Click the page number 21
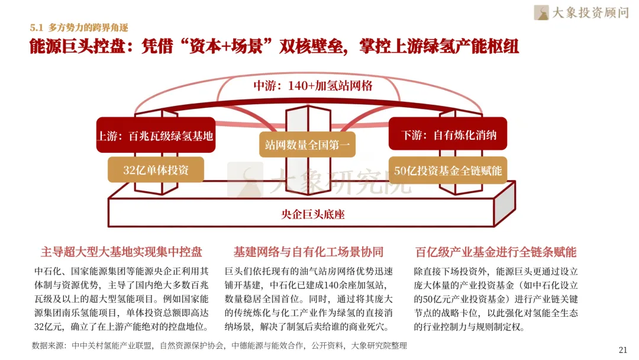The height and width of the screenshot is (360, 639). click(x=622, y=350)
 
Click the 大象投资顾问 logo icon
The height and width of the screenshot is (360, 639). click(x=541, y=12)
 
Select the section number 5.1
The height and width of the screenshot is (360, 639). click(x=36, y=28)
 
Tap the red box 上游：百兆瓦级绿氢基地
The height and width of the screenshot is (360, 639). click(x=156, y=136)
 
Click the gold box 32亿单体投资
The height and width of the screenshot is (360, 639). click(x=156, y=169)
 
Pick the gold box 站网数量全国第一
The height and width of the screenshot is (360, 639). click(x=307, y=144)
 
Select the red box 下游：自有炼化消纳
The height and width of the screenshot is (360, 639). click(x=448, y=134)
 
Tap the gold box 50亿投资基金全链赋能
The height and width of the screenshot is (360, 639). click(x=448, y=170)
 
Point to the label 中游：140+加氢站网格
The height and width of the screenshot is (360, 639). click(x=312, y=86)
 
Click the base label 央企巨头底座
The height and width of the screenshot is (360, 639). click(x=312, y=214)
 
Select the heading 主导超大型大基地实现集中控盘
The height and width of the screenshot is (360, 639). click(x=121, y=252)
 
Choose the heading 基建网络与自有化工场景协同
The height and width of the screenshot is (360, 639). click(x=308, y=252)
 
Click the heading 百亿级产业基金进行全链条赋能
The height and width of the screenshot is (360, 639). click(x=496, y=252)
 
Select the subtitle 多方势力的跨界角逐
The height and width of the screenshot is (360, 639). click(x=88, y=28)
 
